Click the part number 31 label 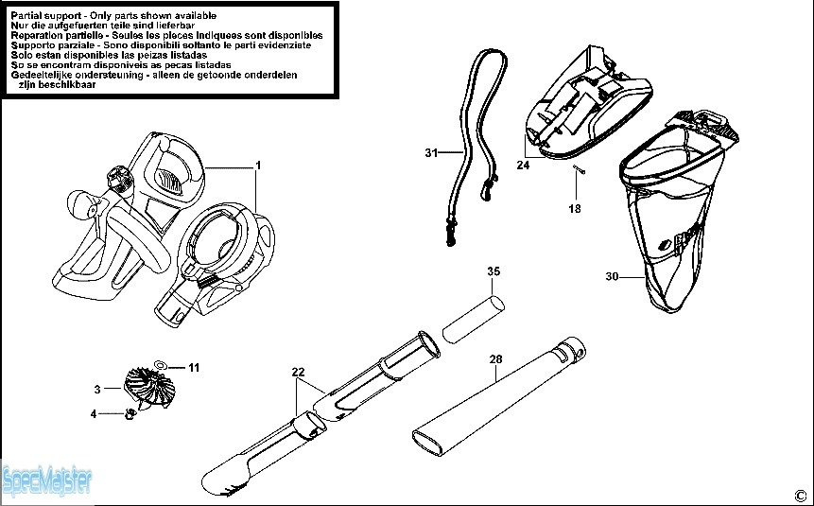tap(431, 151)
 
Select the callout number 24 tap(523, 166)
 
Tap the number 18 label tap(574, 208)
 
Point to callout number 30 tap(612, 276)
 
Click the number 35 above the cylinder tap(493, 271)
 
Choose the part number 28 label tap(496, 359)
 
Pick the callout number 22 tap(298, 372)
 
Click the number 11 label tap(194, 367)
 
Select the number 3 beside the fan tap(97, 389)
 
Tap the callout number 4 tap(94, 413)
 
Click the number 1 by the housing tap(257, 166)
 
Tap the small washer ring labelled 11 tap(162, 364)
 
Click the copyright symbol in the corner tap(799, 493)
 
